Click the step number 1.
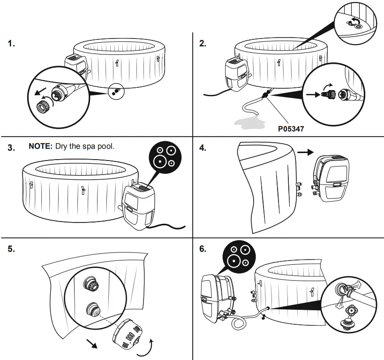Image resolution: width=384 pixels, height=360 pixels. tap(11, 44)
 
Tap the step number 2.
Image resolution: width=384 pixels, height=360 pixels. tap(203, 44)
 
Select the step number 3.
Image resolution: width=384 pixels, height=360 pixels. tap(11, 147)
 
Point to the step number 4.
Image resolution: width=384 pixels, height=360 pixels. tap(203, 147)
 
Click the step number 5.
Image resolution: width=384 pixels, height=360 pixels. tap(11, 249)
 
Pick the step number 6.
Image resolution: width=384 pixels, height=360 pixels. tap(203, 249)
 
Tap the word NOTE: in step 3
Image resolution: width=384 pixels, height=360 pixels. tap(41, 146)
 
